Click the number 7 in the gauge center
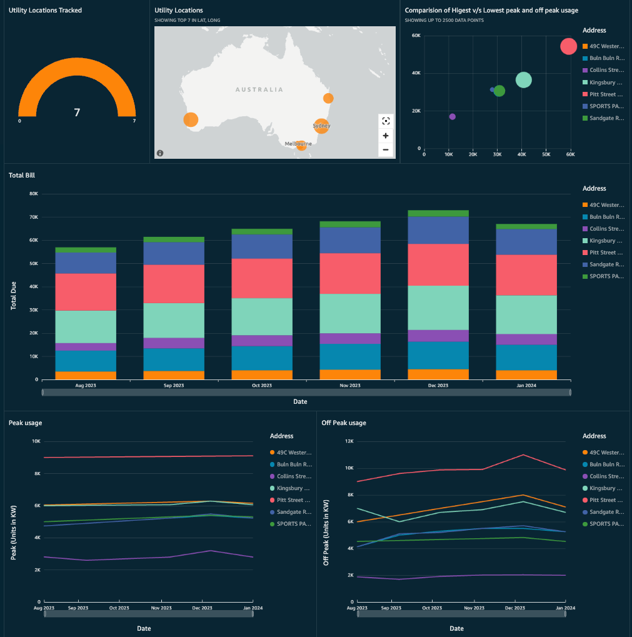click(77, 113)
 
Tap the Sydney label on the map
click(321, 126)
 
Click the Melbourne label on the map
click(298, 144)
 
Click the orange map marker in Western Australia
click(191, 119)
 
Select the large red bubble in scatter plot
click(568, 46)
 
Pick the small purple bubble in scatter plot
click(453, 117)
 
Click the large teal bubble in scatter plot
click(524, 80)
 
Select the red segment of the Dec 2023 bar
click(438, 264)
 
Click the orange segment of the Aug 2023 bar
click(86, 375)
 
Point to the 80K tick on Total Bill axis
click(34, 194)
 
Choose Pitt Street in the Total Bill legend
click(606, 253)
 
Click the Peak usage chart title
click(26, 423)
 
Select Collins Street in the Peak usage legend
click(294, 476)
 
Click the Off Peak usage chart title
click(343, 423)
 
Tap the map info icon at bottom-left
click(160, 153)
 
